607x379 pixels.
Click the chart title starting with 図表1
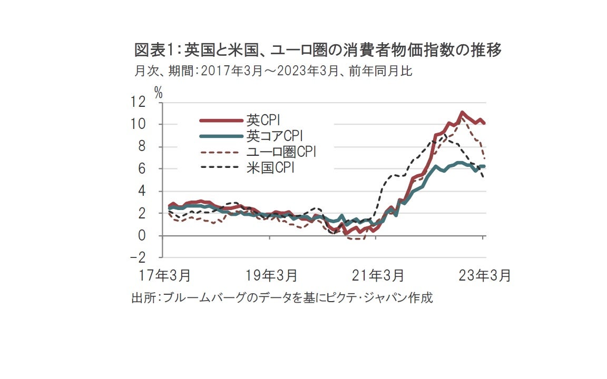[318, 51]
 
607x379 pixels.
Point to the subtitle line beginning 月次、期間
[273, 71]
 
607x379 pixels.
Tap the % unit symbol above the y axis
[158, 92]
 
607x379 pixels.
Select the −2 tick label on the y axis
[138, 258]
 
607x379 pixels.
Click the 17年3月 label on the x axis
[164, 275]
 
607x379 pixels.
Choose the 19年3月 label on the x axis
[271, 275]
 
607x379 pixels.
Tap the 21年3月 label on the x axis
[377, 275]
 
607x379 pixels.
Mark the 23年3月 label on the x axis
[484, 275]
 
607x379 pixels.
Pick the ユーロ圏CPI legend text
[280, 153]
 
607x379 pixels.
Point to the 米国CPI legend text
[270, 169]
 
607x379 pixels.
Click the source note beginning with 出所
[282, 298]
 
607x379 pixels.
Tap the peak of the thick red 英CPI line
[462, 112]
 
